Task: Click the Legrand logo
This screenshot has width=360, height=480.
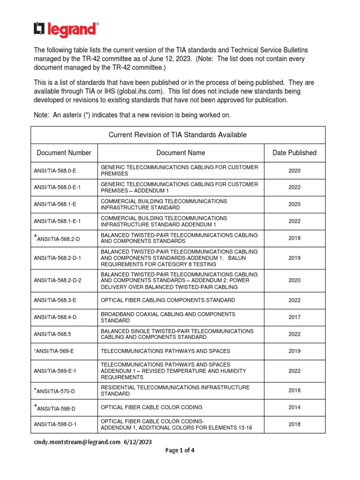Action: pos(66,30)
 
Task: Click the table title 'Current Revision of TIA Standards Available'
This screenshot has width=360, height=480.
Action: pos(178,135)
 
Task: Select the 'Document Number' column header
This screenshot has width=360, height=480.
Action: pos(64,153)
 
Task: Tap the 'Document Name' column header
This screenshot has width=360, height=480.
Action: pos(180,153)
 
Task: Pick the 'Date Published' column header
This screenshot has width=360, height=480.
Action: pos(294,153)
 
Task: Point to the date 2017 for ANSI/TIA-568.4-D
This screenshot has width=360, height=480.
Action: pos(294,317)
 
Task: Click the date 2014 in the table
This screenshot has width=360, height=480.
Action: pos(294,407)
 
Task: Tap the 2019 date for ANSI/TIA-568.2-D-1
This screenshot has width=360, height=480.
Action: pos(294,258)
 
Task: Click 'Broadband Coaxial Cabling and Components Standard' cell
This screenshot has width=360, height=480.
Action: pos(168,317)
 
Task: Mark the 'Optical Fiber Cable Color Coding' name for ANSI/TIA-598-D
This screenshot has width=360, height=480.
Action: pos(148,407)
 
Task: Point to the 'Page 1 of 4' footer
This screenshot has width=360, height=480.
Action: pos(180,450)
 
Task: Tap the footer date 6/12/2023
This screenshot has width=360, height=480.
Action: pos(138,442)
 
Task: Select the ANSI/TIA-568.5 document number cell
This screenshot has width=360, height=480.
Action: pos(54,334)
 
